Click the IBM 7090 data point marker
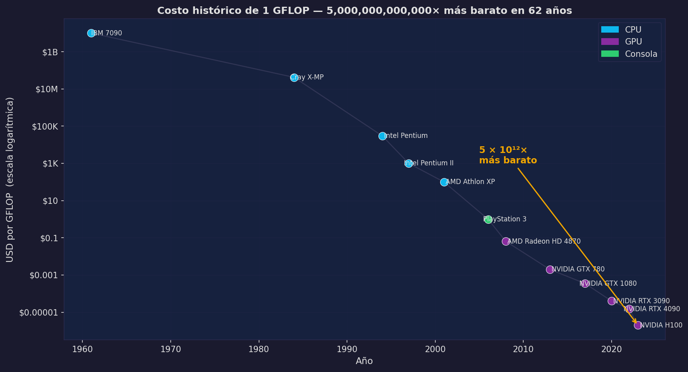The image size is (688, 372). [91, 33]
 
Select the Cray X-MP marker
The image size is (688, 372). [294, 77]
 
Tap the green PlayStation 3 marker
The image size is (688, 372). [488, 219]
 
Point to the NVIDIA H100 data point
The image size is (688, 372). [638, 325]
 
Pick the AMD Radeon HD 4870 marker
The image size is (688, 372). [506, 241]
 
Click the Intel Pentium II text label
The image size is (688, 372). [429, 163]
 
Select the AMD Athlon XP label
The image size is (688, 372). [470, 182]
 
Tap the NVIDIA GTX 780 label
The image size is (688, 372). [578, 269]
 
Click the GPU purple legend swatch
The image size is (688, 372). [610, 42]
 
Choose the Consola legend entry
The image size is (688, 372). [641, 54]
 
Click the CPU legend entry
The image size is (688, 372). [633, 30]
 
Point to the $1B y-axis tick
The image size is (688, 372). [50, 52]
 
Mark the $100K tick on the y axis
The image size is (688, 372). [45, 126]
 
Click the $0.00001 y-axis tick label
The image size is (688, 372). [39, 313]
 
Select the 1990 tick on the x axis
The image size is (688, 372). [347, 349]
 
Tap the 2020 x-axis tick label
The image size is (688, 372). [612, 349]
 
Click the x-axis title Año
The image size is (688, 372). [364, 361]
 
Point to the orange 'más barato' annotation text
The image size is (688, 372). [508, 161]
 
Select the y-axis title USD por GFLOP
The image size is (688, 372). [10, 180]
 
